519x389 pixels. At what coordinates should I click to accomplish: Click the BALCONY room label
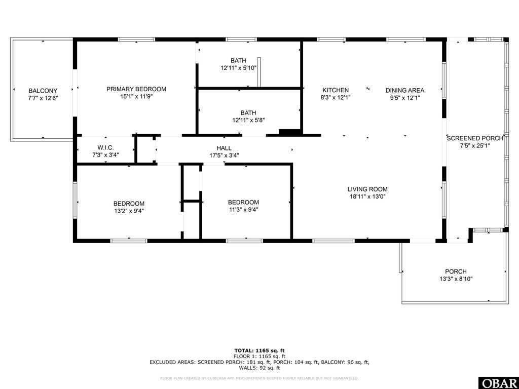point(43,91)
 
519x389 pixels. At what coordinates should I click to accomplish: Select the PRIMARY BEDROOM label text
point(136,89)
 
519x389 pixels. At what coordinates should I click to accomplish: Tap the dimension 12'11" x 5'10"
point(238,68)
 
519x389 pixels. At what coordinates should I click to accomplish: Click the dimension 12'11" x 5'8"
point(248,120)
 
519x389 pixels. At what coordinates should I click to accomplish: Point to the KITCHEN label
point(336,90)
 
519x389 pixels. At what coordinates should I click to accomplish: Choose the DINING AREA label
point(405,90)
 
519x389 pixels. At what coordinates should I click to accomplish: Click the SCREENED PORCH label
point(475,138)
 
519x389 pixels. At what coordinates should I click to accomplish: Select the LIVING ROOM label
point(367,189)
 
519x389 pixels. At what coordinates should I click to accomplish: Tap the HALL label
point(225,148)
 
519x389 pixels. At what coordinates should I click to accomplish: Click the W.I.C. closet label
point(105,147)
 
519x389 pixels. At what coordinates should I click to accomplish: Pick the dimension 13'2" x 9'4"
point(129,211)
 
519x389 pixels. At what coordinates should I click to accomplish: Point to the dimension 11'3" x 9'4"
point(243,210)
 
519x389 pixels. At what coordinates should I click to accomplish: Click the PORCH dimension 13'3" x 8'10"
point(456,279)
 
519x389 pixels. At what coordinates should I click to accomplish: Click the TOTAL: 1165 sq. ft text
point(259,351)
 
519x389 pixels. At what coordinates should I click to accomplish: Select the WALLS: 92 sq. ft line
point(259,368)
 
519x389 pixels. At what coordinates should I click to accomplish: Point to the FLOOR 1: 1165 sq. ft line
point(259,357)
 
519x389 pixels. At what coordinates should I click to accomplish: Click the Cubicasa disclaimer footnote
point(259,378)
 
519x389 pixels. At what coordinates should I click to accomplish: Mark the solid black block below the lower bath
point(290,133)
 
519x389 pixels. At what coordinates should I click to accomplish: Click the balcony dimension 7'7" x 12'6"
point(43,98)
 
